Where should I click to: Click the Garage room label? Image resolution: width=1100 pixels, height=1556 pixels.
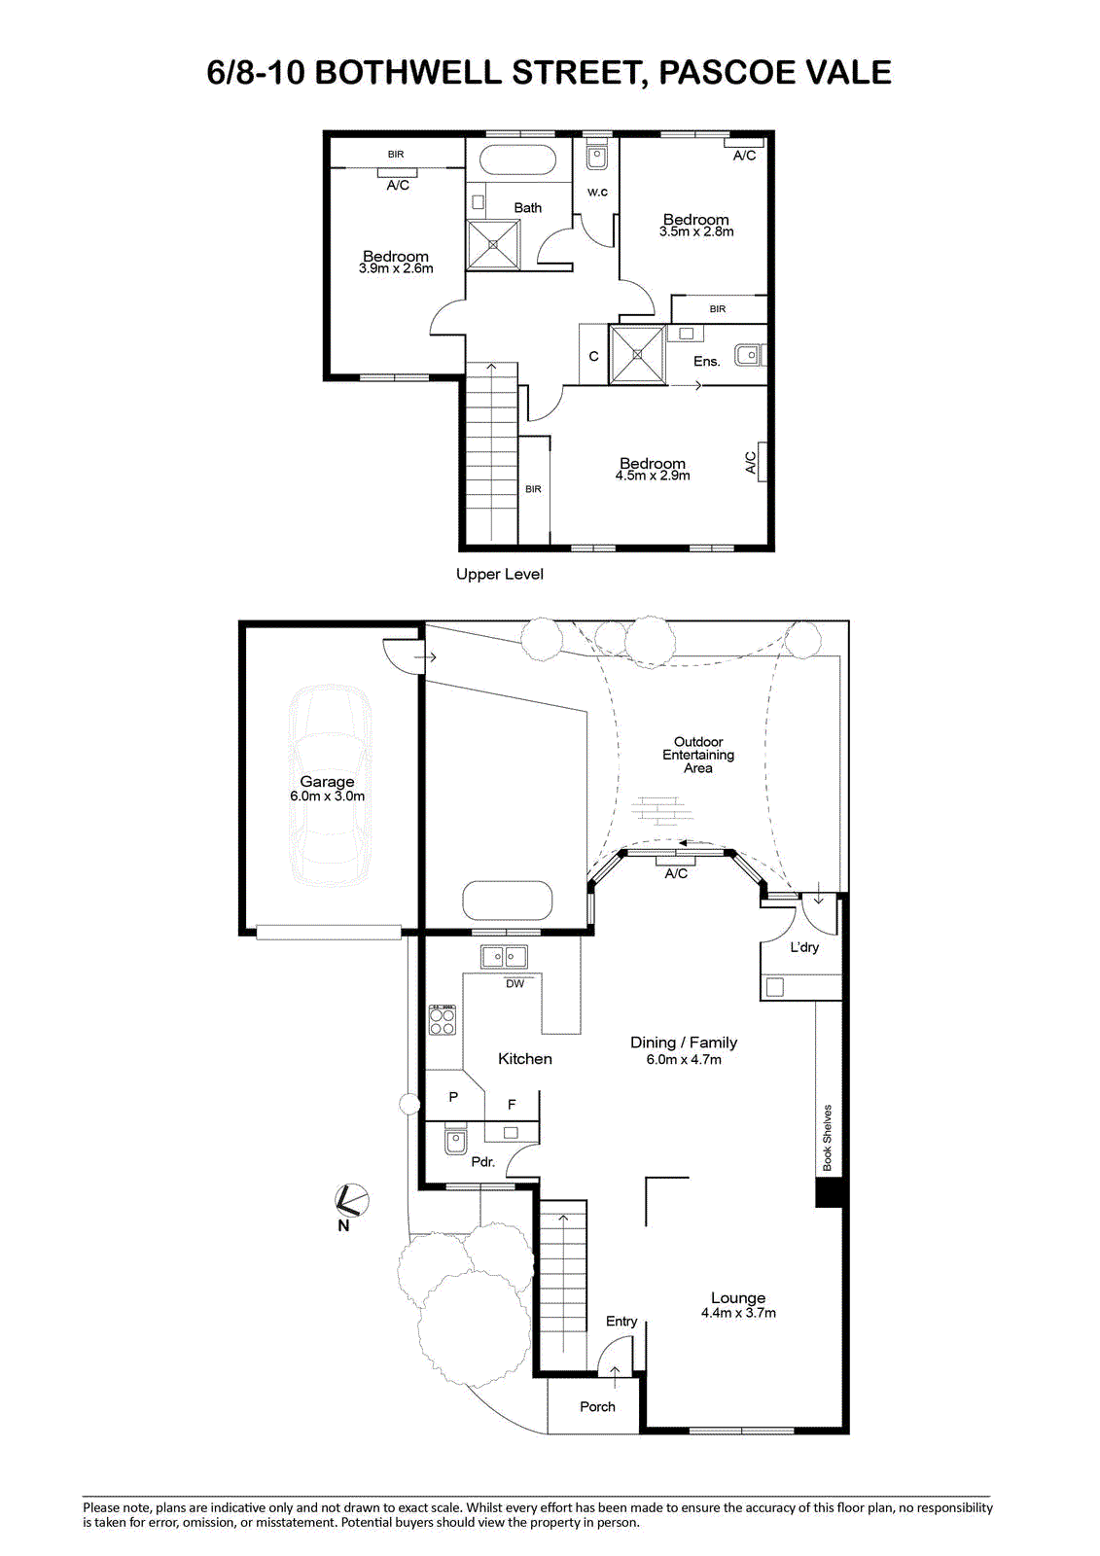tap(327, 782)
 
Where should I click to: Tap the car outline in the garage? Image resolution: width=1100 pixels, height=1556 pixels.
tap(330, 785)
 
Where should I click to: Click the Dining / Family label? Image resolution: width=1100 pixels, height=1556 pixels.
tap(683, 1042)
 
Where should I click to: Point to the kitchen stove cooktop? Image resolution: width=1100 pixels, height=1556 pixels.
tap(443, 1020)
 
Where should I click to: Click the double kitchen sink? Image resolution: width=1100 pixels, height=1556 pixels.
tap(504, 957)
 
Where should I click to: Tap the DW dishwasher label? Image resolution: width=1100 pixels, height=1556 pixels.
tap(515, 983)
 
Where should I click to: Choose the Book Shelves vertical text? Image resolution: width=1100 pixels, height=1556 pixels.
tap(827, 1138)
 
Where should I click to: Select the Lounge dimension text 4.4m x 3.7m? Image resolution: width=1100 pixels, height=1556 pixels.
tap(738, 1313)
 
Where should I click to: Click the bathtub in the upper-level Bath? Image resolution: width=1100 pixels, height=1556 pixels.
tap(517, 161)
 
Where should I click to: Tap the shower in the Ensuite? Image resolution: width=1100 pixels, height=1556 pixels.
tap(638, 354)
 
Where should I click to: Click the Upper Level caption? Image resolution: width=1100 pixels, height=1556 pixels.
tap(500, 575)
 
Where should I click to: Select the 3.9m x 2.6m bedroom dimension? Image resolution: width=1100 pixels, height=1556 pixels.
tap(396, 268)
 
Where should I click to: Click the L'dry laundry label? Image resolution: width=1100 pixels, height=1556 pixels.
tap(804, 947)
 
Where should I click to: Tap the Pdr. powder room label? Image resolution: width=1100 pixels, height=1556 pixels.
tap(483, 1162)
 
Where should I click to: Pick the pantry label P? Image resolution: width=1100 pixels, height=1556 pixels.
tap(453, 1098)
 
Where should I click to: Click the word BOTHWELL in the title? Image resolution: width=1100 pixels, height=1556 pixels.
tap(408, 73)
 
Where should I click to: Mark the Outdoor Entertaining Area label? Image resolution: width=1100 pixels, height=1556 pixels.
tap(698, 755)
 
